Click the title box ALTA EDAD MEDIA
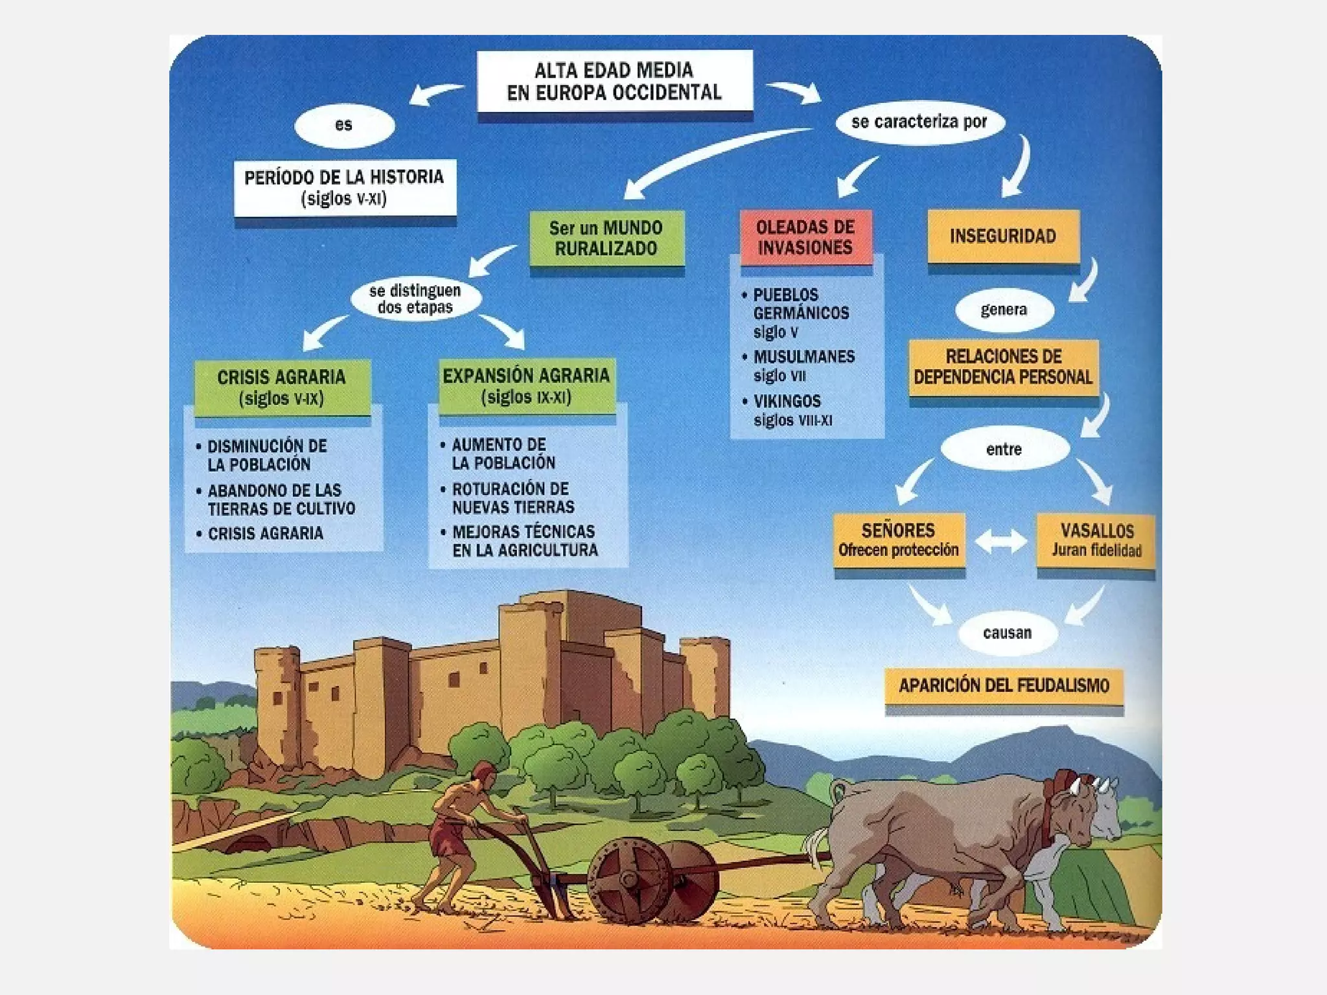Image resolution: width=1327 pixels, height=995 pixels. (x=614, y=82)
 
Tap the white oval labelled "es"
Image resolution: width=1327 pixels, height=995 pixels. (x=344, y=125)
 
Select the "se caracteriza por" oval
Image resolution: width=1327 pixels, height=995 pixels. (x=919, y=122)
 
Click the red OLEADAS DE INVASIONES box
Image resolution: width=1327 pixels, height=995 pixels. (x=805, y=237)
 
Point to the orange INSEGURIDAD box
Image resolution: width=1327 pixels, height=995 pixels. (x=1003, y=236)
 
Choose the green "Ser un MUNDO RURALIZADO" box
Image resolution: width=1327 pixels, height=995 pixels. (x=606, y=238)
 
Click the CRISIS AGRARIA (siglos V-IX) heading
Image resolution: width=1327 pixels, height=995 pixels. (x=282, y=387)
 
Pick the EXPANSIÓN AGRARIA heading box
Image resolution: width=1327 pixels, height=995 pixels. (x=526, y=386)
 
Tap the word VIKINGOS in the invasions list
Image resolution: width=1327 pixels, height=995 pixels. (x=787, y=401)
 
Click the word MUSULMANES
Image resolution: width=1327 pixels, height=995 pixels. (x=804, y=357)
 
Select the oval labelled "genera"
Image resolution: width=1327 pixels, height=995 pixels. (x=1004, y=310)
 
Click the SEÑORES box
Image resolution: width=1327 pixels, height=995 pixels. (x=899, y=540)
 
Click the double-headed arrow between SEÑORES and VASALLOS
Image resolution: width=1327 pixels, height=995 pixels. (x=1001, y=542)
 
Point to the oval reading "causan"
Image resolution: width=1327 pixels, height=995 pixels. (x=1007, y=633)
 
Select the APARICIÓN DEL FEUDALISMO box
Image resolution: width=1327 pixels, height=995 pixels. (x=1004, y=685)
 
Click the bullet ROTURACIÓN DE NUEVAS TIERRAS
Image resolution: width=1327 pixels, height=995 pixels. (x=513, y=497)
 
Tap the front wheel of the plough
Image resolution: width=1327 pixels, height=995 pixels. (x=629, y=878)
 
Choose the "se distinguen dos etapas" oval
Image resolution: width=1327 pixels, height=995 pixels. (x=415, y=299)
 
